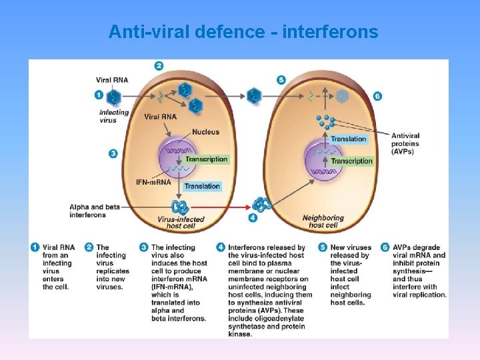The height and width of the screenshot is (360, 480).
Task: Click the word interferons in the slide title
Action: point(332,31)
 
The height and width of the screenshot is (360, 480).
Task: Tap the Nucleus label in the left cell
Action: point(205,132)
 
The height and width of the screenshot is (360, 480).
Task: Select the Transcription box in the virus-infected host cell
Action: point(206,159)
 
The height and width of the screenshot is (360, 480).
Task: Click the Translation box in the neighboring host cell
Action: point(349,139)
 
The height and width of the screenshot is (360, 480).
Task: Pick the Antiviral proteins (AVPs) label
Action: point(405,143)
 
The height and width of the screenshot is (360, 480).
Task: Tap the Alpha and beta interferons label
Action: point(94,211)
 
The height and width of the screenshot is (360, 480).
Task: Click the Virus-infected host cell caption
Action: point(175,222)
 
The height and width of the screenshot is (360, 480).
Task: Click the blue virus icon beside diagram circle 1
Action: point(113,97)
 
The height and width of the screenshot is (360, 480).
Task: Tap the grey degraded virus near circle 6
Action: point(343,96)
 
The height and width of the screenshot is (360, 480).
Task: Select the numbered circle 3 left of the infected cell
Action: point(113,154)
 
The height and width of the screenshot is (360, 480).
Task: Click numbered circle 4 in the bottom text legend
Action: point(220,247)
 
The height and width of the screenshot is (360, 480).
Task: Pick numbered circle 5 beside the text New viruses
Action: point(323,247)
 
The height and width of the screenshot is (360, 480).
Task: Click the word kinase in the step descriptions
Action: point(240,333)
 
